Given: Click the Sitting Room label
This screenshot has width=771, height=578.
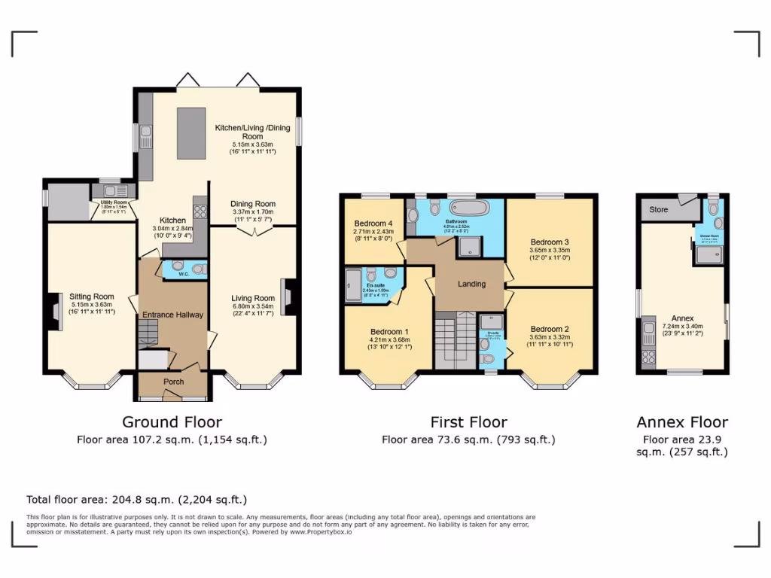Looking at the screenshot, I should click(92, 297).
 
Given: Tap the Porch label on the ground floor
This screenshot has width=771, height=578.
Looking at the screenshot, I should click(174, 382).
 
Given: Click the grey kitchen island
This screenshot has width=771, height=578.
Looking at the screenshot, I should click(188, 132).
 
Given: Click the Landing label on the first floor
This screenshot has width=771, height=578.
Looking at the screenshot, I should click(472, 284).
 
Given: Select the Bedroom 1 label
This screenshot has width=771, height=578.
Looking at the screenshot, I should click(389, 331).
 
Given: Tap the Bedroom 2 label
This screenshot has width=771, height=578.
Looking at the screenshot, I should click(549, 329).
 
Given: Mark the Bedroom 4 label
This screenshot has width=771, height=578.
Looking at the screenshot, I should click(373, 224).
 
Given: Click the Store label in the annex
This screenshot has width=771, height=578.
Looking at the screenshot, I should click(659, 209).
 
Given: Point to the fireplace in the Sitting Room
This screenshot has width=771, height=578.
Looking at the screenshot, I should click(55, 312).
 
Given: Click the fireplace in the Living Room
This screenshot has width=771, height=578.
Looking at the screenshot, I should click(287, 298).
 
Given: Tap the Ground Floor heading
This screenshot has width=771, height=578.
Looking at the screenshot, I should click(172, 422).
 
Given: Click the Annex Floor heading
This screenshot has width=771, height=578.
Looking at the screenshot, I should click(682, 422).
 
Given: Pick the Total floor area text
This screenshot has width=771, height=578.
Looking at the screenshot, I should click(136, 499).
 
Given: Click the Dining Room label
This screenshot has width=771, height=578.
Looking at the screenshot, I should click(252, 204).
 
